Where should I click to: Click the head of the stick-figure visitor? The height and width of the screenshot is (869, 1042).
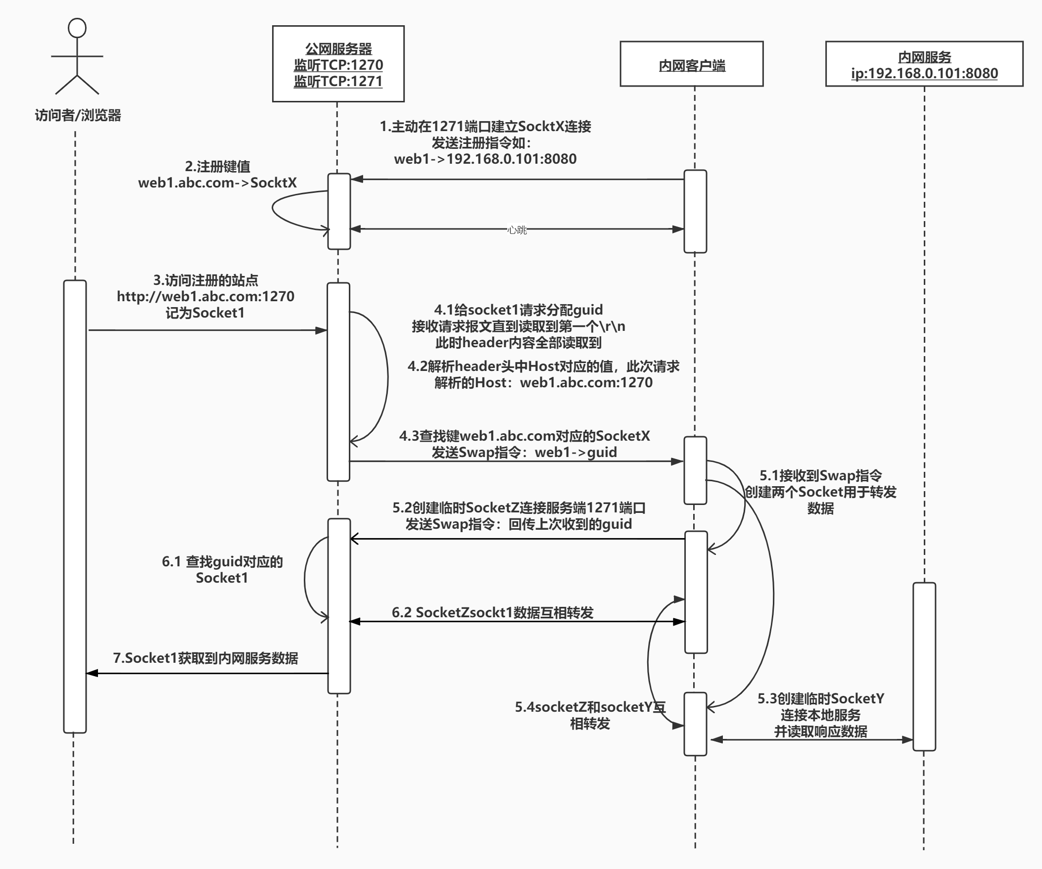tap(77, 28)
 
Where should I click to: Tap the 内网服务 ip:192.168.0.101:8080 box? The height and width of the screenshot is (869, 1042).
tap(924, 64)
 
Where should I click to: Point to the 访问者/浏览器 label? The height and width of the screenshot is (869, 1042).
tap(78, 116)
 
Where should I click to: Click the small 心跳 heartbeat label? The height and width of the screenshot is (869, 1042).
tap(517, 229)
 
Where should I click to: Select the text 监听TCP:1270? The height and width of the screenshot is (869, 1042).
tap(338, 65)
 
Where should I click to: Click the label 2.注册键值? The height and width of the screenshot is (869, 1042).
tap(217, 167)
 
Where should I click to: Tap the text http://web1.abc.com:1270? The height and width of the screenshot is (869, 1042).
tap(205, 297)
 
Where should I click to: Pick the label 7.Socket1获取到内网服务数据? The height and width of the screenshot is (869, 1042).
tap(205, 658)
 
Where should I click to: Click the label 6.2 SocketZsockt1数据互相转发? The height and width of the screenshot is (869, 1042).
tap(492, 613)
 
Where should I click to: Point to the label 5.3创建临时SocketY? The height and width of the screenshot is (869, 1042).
tap(821, 699)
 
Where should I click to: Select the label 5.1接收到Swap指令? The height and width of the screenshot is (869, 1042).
tap(821, 476)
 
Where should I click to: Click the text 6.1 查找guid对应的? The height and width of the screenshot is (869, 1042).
tap(222, 561)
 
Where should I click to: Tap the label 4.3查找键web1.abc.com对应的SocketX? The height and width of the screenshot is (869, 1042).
tap(524, 436)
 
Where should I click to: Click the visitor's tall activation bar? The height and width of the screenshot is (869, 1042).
tap(75, 506)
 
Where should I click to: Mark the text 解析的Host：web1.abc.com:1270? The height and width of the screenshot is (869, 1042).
tap(543, 382)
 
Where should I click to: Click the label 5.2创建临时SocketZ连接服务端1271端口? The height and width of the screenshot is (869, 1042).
tap(519, 508)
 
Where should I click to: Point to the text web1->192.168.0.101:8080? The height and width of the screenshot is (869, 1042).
tap(485, 159)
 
